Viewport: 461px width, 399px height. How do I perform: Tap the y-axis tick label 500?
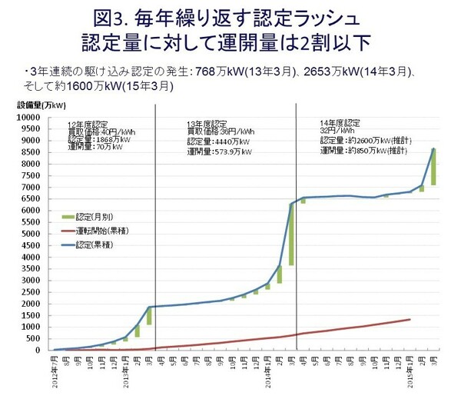pyautogui.click(x=35, y=338)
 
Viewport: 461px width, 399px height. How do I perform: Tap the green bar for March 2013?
pyautogui.click(x=150, y=315)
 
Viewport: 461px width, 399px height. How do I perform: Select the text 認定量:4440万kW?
pyautogui.click(x=219, y=141)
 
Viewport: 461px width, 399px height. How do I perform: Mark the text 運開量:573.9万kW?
pyautogui.click(x=220, y=151)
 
